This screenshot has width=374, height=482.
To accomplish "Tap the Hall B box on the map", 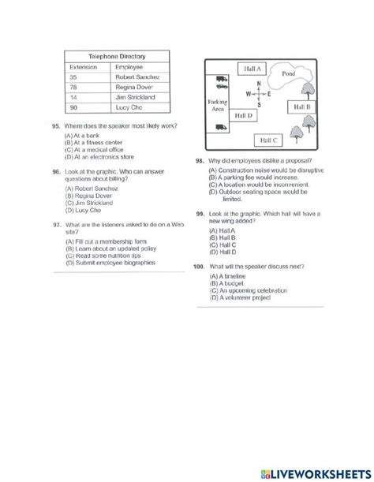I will click(x=302, y=106).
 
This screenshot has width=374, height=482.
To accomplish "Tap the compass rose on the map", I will click(x=258, y=93).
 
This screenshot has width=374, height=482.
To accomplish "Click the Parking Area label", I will click(x=218, y=106).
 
